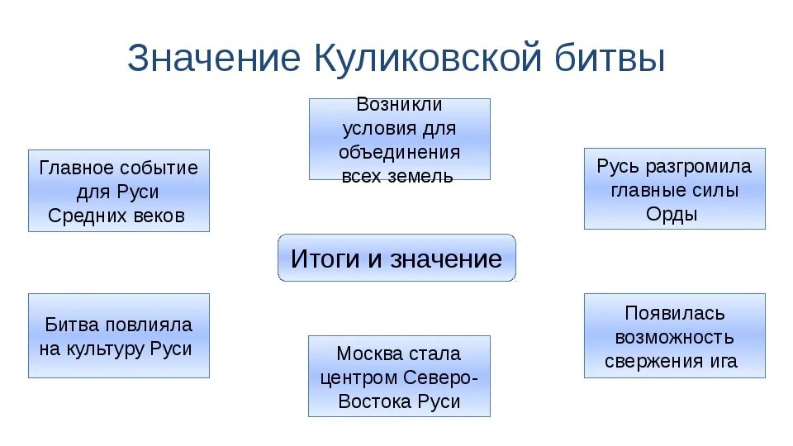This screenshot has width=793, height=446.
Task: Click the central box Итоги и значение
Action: pos(396,259)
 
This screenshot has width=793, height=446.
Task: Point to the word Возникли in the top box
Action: pos(399,105)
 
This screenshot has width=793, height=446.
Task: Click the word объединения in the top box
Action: pos(399,153)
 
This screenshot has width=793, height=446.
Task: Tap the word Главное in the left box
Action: pos(76,168)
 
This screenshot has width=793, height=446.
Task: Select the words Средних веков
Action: pos(116,216)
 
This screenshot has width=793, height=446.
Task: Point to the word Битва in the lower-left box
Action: pos(73,325)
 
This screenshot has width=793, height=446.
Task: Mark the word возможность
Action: pos(674,337)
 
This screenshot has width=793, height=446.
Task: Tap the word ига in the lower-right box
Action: pos(725,361)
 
